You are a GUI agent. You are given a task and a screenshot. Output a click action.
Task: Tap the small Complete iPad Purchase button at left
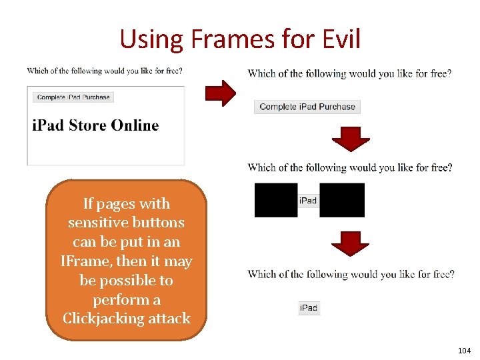click(x=73, y=97)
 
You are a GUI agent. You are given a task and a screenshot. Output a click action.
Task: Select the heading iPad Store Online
click(x=95, y=125)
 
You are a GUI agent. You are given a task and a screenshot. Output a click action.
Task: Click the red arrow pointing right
click(x=219, y=93)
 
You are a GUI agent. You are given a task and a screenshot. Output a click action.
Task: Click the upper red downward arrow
click(x=351, y=139)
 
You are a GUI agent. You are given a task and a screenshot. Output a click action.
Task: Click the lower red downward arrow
click(x=351, y=244)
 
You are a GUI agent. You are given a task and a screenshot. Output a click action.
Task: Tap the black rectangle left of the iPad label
click(x=276, y=200)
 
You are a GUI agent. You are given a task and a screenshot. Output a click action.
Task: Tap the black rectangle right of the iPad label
click(x=342, y=200)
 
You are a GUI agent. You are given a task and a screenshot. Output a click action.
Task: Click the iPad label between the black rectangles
click(x=308, y=201)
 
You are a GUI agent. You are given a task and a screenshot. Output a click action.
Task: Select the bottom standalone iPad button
click(x=309, y=307)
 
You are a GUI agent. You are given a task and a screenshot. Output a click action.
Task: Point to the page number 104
click(x=464, y=351)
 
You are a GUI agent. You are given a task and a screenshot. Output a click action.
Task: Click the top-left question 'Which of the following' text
click(x=105, y=71)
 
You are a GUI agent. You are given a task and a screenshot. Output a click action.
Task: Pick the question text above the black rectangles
click(x=350, y=167)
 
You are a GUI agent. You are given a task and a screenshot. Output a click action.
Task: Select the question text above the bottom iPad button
click(x=351, y=274)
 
